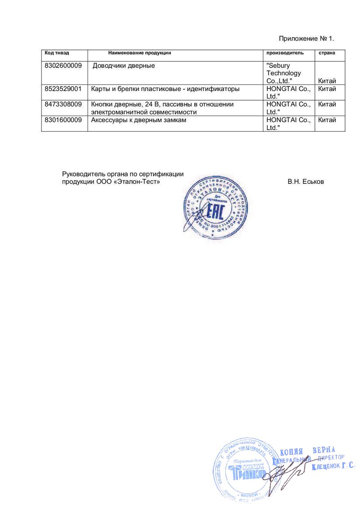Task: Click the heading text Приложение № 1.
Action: (x=309, y=39)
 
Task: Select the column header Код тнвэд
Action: (x=57, y=53)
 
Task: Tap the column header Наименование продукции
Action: (x=140, y=53)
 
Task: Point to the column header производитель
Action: (x=285, y=53)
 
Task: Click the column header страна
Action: (x=327, y=53)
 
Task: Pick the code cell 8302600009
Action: (x=63, y=66)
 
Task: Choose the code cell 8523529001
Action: (x=63, y=89)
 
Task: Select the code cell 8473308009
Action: (x=63, y=104)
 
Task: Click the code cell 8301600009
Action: (x=63, y=120)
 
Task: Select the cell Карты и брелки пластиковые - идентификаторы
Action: (x=165, y=89)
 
